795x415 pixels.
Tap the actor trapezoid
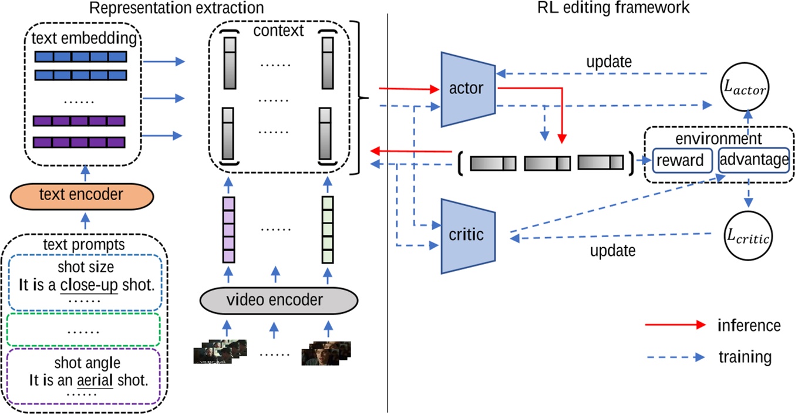coord(466,89)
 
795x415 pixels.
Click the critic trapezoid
coord(466,235)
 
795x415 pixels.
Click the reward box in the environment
coord(682,160)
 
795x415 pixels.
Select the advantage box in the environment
coord(753,160)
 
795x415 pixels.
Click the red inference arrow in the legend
coord(675,325)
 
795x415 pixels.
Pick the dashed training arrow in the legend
coord(675,357)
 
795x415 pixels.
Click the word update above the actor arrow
coord(609,61)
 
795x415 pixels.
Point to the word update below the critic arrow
coord(612,251)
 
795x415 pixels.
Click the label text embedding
coord(86,39)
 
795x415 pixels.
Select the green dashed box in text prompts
coord(85,330)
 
